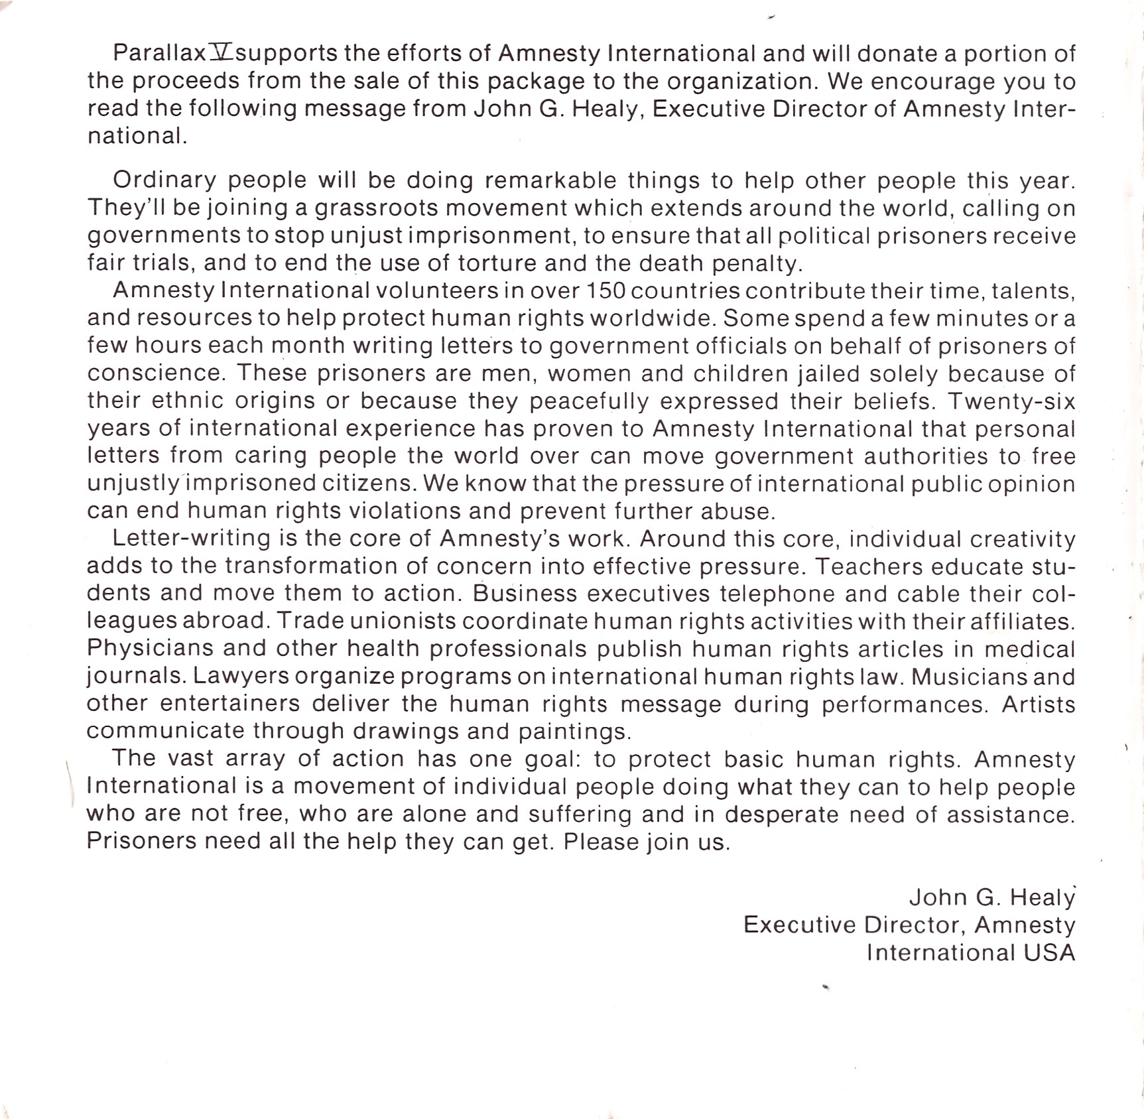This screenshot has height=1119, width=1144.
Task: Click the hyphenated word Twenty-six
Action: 1011,401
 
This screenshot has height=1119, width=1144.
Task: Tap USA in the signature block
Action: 1049,953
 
